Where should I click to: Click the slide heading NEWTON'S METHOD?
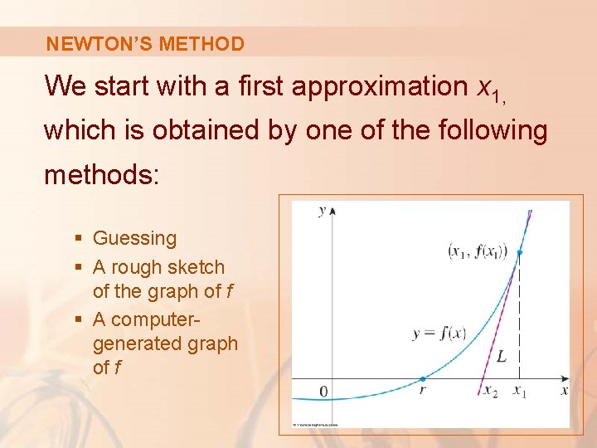click(x=145, y=44)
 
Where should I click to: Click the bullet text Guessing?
click(x=134, y=238)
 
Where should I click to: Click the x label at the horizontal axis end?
click(x=565, y=390)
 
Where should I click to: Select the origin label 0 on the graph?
click(x=323, y=392)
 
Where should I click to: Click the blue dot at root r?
click(x=422, y=378)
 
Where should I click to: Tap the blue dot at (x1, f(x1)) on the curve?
click(x=520, y=252)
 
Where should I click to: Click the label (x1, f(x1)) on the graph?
click(x=478, y=250)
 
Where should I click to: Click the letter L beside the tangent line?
click(x=501, y=358)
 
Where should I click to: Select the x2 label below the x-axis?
click(x=491, y=391)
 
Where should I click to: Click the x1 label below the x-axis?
click(x=520, y=391)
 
